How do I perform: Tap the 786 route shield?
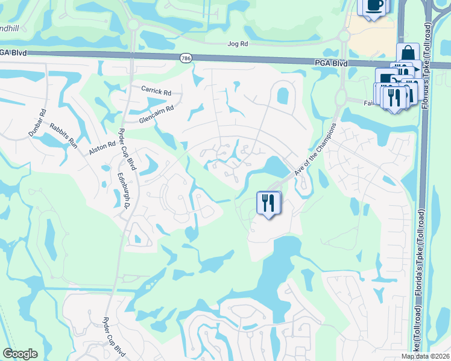186,57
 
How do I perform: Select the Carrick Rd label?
157,90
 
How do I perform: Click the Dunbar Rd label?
36,123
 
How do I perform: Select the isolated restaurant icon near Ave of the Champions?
268,202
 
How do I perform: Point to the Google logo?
20,354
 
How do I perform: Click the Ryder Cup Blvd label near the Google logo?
114,338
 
